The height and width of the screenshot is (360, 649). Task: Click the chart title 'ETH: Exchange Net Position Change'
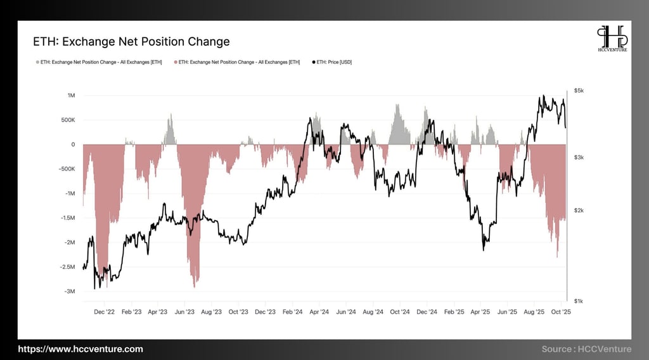(131, 42)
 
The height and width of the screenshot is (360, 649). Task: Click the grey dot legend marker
(37, 62)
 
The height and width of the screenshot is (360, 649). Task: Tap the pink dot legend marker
(176, 62)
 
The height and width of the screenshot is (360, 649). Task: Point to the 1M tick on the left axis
(71, 95)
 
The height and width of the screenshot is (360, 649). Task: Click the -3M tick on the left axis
(70, 292)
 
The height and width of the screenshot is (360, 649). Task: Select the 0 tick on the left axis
(73, 145)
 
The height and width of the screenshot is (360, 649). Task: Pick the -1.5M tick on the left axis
(67, 218)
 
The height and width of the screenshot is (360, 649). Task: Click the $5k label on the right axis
(579, 91)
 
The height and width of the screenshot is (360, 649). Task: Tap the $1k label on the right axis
(579, 300)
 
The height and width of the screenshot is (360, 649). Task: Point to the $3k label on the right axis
(579, 157)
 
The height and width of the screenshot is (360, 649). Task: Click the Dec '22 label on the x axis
(104, 312)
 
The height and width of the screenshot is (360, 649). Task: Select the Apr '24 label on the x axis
(320, 312)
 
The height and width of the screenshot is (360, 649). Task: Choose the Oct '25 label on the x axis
(562, 312)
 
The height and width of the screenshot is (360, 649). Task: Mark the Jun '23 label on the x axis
(184, 312)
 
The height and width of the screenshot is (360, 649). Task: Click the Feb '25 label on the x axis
(454, 312)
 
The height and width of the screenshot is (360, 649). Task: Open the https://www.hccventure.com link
(80, 349)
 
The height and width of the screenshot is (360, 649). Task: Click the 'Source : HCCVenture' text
(586, 349)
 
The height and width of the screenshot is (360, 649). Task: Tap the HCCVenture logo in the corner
(612, 39)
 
